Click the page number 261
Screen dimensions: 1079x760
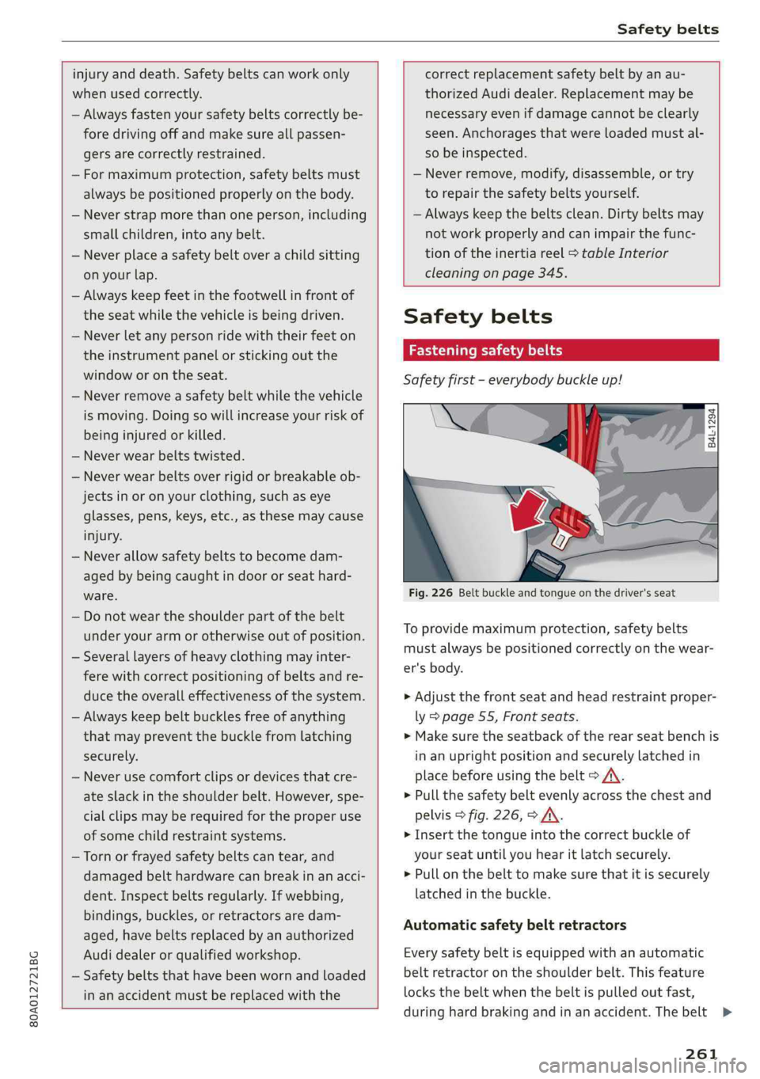[701, 1054]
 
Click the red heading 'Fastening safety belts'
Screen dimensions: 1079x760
[485, 351]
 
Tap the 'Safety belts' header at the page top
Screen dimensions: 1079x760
[667, 29]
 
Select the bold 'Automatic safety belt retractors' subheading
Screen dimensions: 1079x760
[515, 925]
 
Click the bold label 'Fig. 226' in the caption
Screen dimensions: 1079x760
[431, 593]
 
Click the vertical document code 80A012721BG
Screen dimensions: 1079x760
[33, 975]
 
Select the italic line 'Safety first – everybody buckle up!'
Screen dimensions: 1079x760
[512, 380]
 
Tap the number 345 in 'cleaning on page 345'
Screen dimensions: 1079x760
[551, 273]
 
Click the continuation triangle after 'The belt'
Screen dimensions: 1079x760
[726, 1013]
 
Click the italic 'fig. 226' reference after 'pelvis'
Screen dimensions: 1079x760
[495, 815]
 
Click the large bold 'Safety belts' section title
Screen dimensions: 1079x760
[477, 317]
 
